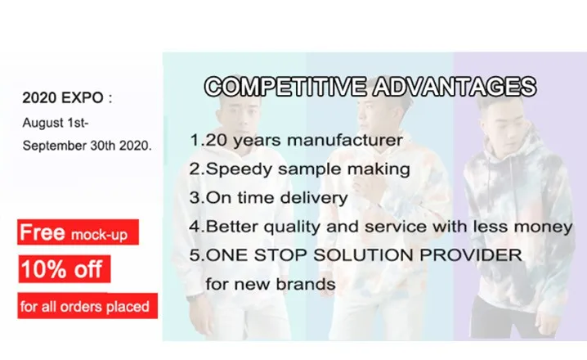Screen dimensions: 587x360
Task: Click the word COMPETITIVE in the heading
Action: coord(285,87)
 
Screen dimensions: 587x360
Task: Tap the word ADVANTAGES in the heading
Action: coord(455,87)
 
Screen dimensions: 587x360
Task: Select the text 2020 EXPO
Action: coord(63,98)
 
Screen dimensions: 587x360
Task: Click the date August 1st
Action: coord(56,123)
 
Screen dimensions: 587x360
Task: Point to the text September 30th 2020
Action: coord(87,146)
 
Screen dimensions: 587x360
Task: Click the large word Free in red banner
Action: coord(43,232)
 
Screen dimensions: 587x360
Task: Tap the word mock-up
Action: coord(99,235)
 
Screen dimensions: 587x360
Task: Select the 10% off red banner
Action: coord(65,269)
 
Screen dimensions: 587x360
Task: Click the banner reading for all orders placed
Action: coord(87,306)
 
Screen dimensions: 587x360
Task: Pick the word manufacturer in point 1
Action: coord(345,140)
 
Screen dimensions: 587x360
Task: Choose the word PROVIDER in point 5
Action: coord(471,255)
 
